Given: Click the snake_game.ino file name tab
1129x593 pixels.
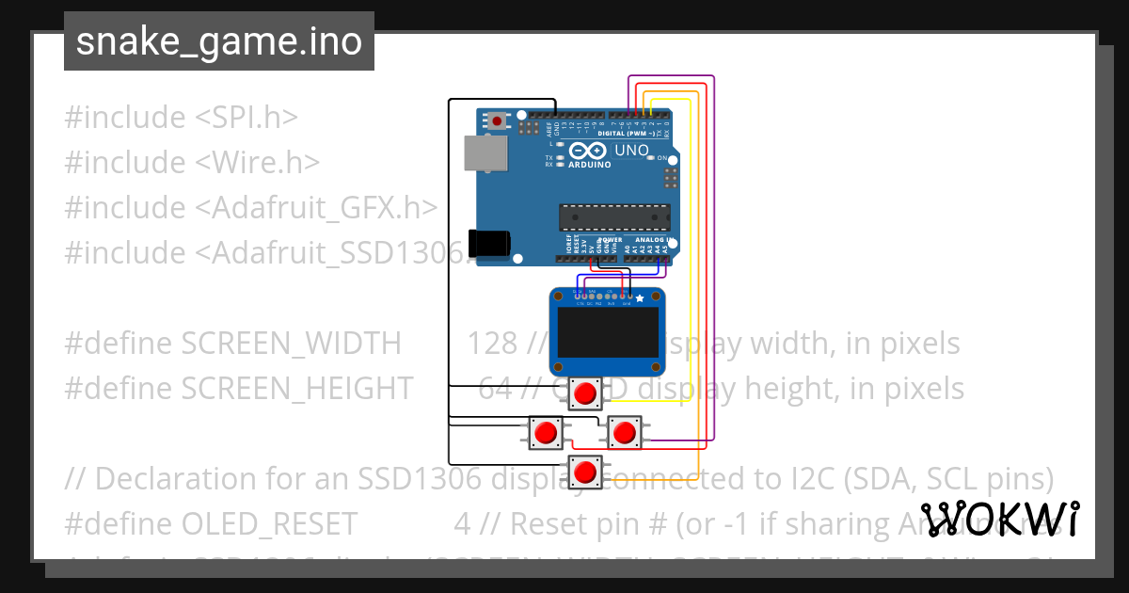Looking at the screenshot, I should [x=218, y=41].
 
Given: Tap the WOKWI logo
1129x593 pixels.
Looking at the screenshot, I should [x=999, y=519].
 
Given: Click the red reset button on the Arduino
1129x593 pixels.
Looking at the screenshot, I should [x=497, y=120].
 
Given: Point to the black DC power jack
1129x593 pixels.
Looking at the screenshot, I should [x=490, y=243].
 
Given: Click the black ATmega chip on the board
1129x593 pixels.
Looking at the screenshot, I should [x=614, y=217].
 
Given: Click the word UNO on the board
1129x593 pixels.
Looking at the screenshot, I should [x=631, y=151].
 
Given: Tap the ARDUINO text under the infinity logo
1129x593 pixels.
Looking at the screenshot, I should [x=589, y=165].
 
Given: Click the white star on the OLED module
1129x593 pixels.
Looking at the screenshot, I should [x=640, y=298].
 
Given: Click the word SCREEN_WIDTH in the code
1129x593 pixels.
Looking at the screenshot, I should [x=291, y=344].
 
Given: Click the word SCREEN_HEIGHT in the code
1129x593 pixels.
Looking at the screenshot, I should [x=296, y=388].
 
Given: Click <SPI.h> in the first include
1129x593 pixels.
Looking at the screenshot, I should [x=246, y=118].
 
